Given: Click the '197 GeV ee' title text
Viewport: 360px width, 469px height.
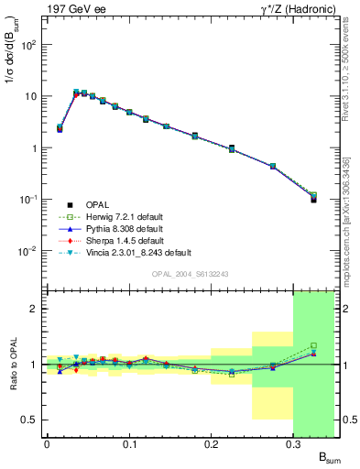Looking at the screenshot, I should (72, 8).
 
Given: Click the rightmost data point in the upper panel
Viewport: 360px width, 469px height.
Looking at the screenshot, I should (313, 198).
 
